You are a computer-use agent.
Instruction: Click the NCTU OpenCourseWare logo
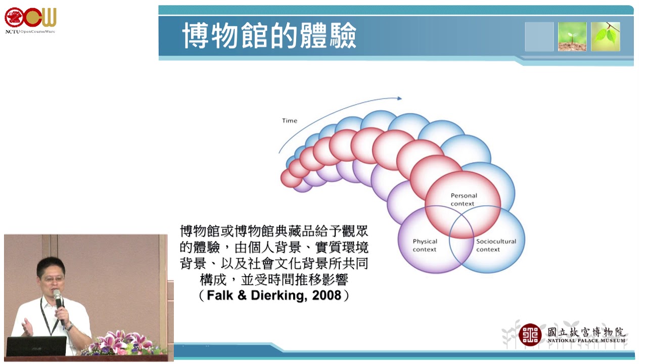[x=30, y=20]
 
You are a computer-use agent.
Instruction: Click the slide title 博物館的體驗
[x=269, y=35]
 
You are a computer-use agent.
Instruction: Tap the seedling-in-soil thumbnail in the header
[x=572, y=37]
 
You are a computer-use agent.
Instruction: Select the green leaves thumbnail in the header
[x=606, y=37]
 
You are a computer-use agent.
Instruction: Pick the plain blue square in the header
[x=539, y=37]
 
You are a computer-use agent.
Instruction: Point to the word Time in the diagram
[x=290, y=120]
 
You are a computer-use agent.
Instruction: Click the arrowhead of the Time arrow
[x=399, y=98]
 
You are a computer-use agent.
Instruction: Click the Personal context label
[x=464, y=200]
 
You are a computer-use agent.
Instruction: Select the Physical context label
[x=425, y=245]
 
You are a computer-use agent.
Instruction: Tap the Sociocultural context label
[x=496, y=245]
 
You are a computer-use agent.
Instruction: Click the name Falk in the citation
[x=220, y=295]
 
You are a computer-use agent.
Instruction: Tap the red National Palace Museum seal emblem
[x=530, y=335]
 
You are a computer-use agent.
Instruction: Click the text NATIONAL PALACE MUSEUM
[x=586, y=341]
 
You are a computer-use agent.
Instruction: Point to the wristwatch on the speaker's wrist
[x=69, y=327]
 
